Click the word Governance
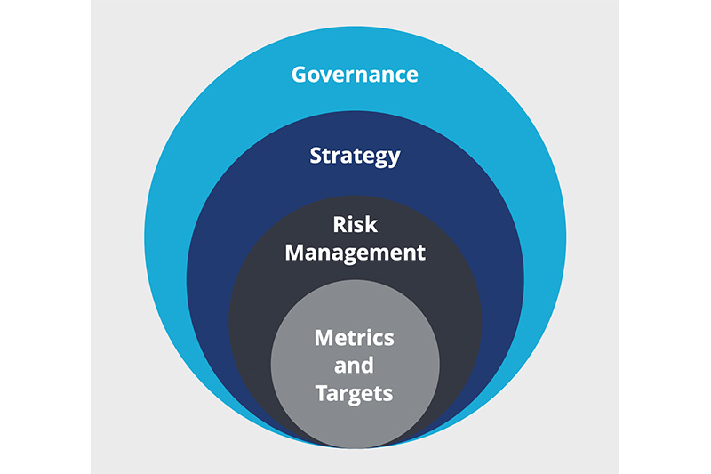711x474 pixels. point(355,74)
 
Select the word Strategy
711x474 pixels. point(355,157)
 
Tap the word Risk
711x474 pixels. point(355,225)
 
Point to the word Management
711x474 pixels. point(355,253)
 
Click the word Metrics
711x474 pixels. point(355,338)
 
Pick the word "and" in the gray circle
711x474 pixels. point(355,365)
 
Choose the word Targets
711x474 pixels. point(355,391)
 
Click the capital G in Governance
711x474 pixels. point(300,74)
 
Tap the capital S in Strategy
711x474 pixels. point(316,157)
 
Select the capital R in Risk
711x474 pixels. point(339,225)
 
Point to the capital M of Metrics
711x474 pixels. point(324,338)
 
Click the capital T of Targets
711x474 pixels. point(321,391)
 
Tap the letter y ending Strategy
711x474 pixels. point(394,159)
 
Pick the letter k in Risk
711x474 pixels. point(371,225)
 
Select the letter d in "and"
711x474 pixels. point(368,365)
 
